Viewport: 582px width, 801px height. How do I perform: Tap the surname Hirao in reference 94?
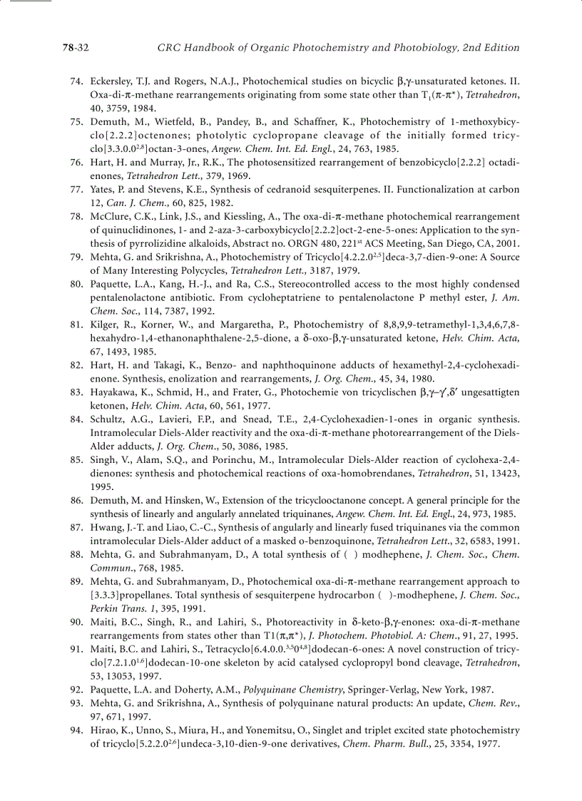tap(105, 730)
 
